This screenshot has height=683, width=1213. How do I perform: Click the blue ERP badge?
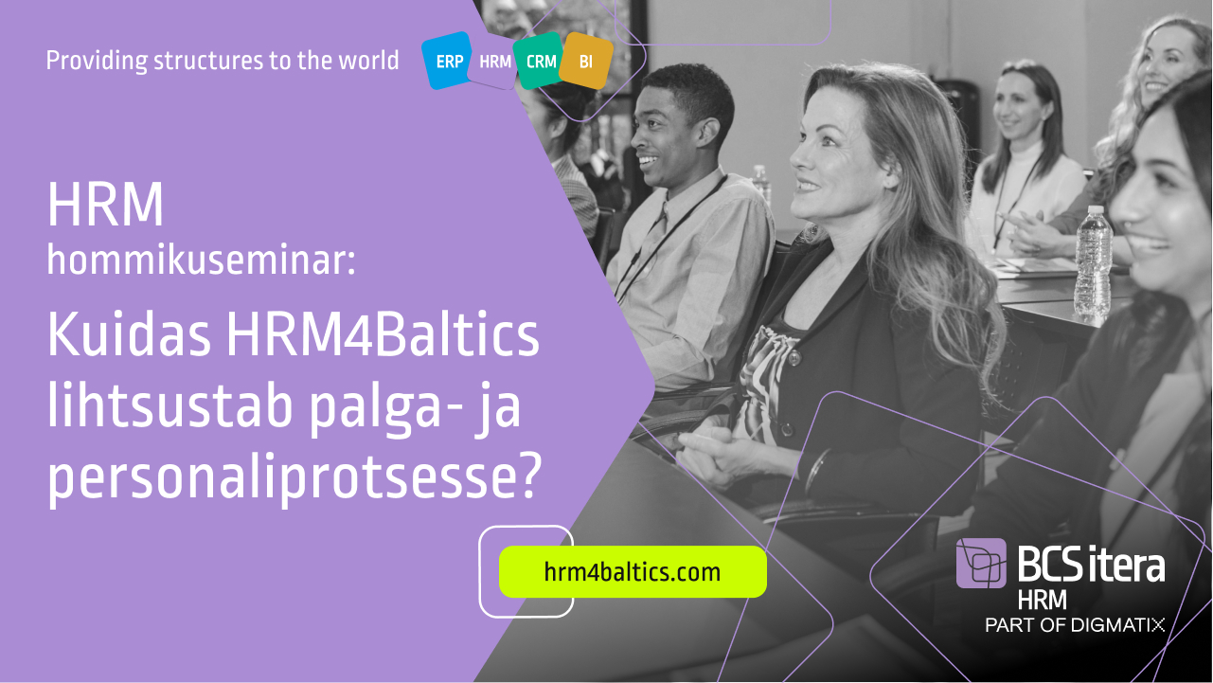[448, 61]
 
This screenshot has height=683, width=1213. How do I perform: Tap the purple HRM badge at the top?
[494, 62]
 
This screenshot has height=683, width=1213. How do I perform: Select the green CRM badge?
[540, 61]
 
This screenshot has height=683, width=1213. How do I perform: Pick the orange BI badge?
[586, 62]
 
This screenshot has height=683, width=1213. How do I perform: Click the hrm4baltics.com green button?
[633, 572]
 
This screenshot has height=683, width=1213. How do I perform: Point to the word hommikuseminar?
[201, 260]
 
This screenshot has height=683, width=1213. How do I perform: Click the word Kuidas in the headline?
[129, 333]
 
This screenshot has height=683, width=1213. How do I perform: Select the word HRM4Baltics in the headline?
[383, 333]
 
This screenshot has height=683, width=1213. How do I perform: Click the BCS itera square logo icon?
[981, 564]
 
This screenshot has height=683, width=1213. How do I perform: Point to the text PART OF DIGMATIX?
[1075, 625]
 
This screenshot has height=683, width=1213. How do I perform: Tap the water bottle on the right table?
[1093, 263]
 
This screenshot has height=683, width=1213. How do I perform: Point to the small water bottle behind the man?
[761, 184]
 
